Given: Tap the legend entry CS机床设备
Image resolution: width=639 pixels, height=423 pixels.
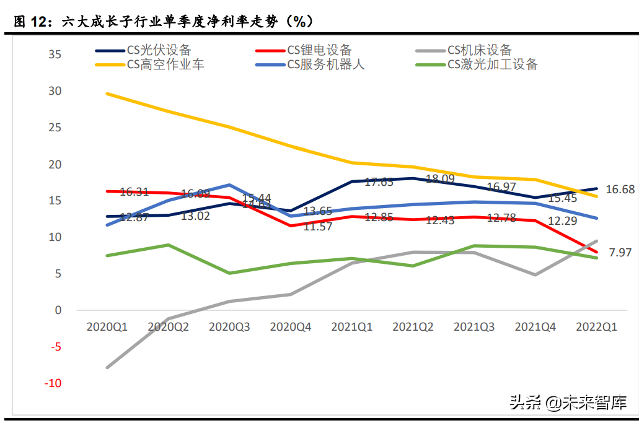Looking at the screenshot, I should click(480, 50).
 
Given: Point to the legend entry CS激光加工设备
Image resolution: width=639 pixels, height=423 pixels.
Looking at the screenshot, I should click(492, 64).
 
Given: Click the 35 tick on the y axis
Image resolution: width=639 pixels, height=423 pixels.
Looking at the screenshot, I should click(55, 55).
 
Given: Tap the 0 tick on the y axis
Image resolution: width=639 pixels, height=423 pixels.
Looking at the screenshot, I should click(58, 310).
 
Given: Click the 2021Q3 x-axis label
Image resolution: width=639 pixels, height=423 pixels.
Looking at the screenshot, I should click(474, 326).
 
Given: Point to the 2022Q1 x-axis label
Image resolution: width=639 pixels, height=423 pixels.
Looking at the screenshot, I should click(596, 326).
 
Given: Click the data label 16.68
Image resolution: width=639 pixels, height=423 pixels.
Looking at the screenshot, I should click(620, 190).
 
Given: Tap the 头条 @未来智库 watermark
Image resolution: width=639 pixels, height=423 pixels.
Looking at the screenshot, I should click(568, 403).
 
